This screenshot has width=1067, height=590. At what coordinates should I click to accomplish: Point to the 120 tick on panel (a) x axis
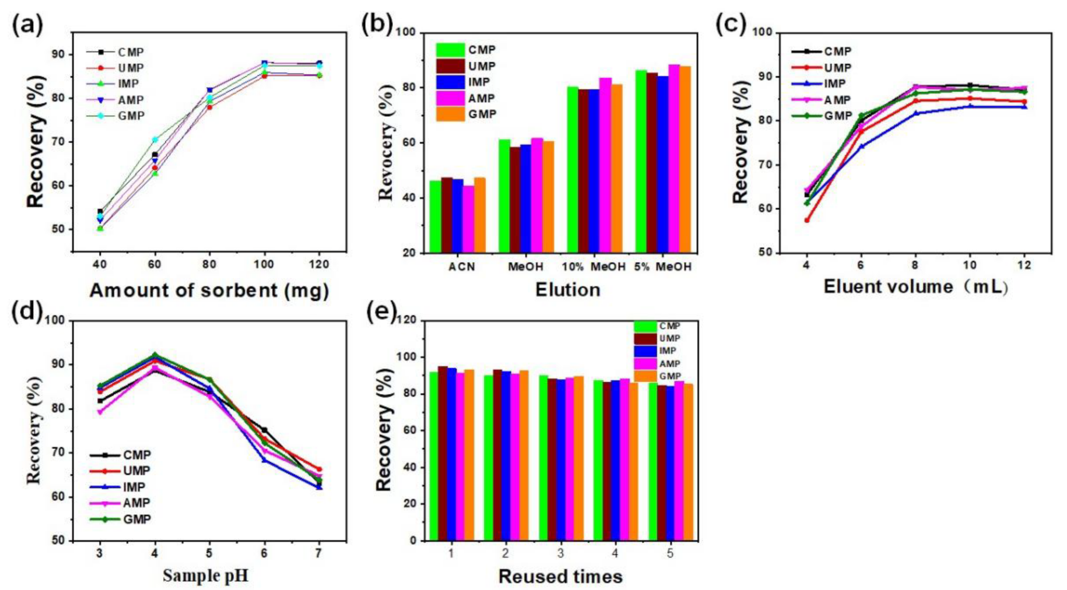coord(319,264)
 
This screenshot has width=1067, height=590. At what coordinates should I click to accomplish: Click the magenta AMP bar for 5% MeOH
coord(674,157)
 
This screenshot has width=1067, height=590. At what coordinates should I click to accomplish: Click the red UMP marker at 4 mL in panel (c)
coord(807,220)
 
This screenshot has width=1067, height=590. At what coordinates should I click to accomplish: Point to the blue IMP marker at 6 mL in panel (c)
coord(861,146)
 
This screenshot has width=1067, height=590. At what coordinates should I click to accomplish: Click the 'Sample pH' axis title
coord(206,576)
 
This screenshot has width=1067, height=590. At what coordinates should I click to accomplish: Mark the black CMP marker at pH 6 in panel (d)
coord(264,430)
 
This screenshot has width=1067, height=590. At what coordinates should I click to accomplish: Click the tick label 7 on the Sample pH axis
coord(319,553)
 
